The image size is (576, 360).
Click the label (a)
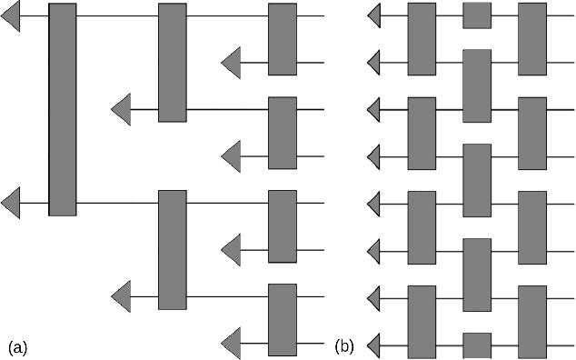pyautogui.click(x=18, y=346)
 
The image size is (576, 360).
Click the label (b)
pyautogui.click(x=344, y=345)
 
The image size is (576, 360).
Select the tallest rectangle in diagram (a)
pyautogui.click(x=62, y=109)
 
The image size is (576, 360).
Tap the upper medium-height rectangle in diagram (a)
pyautogui.click(x=172, y=63)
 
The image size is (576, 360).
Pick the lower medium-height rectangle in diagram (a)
pyautogui.click(x=172, y=250)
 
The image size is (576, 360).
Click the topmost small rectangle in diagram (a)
pyautogui.click(x=282, y=39)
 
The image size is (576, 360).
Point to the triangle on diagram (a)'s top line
pyautogui.click(x=11, y=15)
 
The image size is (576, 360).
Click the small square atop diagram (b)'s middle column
pyautogui.click(x=477, y=15)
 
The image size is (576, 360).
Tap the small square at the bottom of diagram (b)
pyautogui.click(x=477, y=345)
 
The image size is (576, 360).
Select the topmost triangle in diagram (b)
pyautogui.click(x=372, y=15)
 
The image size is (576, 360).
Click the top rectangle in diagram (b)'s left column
pyautogui.click(x=422, y=39)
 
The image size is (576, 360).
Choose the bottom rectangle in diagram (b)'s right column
pyautogui.click(x=532, y=320)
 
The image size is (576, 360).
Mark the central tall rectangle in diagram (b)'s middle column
pyautogui.click(x=477, y=180)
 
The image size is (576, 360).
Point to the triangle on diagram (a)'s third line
pyautogui.click(x=121, y=110)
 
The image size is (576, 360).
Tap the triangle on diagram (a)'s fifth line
pyautogui.click(x=11, y=204)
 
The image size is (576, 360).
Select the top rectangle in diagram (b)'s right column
pyautogui.click(x=532, y=39)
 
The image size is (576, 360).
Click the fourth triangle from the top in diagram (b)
pyautogui.click(x=372, y=156)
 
